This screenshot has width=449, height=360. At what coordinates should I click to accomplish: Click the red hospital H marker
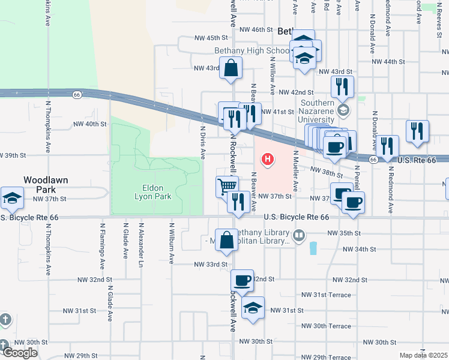click(268, 160)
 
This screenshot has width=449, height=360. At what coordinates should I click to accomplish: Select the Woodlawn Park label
click(46, 184)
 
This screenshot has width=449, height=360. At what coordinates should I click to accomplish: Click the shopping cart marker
click(228, 187)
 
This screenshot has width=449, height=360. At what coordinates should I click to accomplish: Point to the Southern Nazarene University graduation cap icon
click(343, 110)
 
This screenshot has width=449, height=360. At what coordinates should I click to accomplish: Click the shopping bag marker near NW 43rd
click(231, 68)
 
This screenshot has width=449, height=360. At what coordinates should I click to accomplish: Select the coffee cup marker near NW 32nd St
click(242, 280)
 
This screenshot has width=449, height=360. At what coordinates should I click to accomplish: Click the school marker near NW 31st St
click(253, 308)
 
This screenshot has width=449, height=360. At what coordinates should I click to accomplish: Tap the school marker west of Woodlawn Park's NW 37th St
click(12, 198)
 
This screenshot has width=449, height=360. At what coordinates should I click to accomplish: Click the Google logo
click(20, 353)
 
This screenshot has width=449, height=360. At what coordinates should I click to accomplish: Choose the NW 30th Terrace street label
click(326, 326)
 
